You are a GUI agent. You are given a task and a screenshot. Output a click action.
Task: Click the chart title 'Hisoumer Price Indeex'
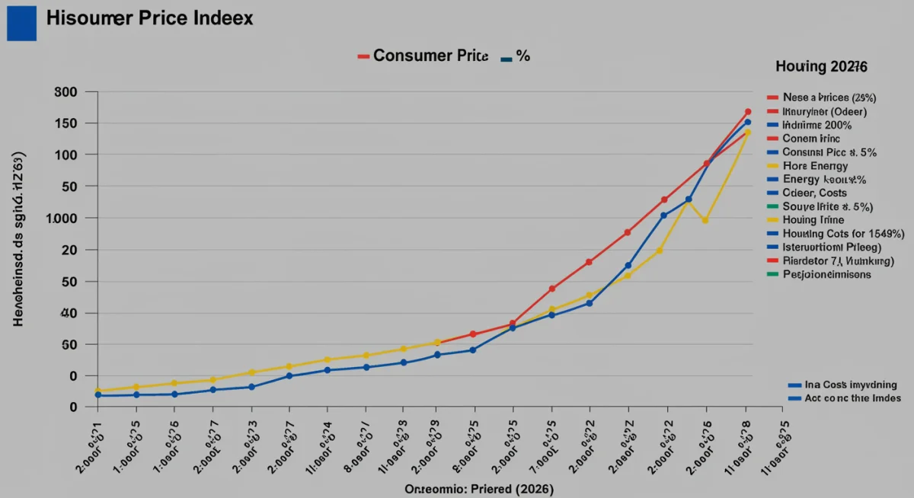(149, 18)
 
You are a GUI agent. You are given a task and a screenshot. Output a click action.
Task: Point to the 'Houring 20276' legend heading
(821, 67)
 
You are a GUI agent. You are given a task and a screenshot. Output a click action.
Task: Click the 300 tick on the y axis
(66, 92)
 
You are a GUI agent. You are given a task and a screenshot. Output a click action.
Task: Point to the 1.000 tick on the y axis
(62, 219)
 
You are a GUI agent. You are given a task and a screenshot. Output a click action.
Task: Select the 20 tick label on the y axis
(70, 251)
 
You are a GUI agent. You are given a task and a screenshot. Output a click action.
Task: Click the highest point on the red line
(748, 112)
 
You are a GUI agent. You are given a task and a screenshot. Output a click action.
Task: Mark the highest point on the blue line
(748, 123)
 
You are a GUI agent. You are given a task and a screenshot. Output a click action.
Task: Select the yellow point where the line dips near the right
(705, 220)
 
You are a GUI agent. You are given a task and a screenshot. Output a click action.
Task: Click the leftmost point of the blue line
(97, 395)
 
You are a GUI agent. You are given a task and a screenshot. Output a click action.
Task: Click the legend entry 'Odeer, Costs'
(819, 193)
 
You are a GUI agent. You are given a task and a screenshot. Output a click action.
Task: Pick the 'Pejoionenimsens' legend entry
(826, 274)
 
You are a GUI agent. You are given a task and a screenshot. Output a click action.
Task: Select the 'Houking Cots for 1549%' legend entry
(843, 234)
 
